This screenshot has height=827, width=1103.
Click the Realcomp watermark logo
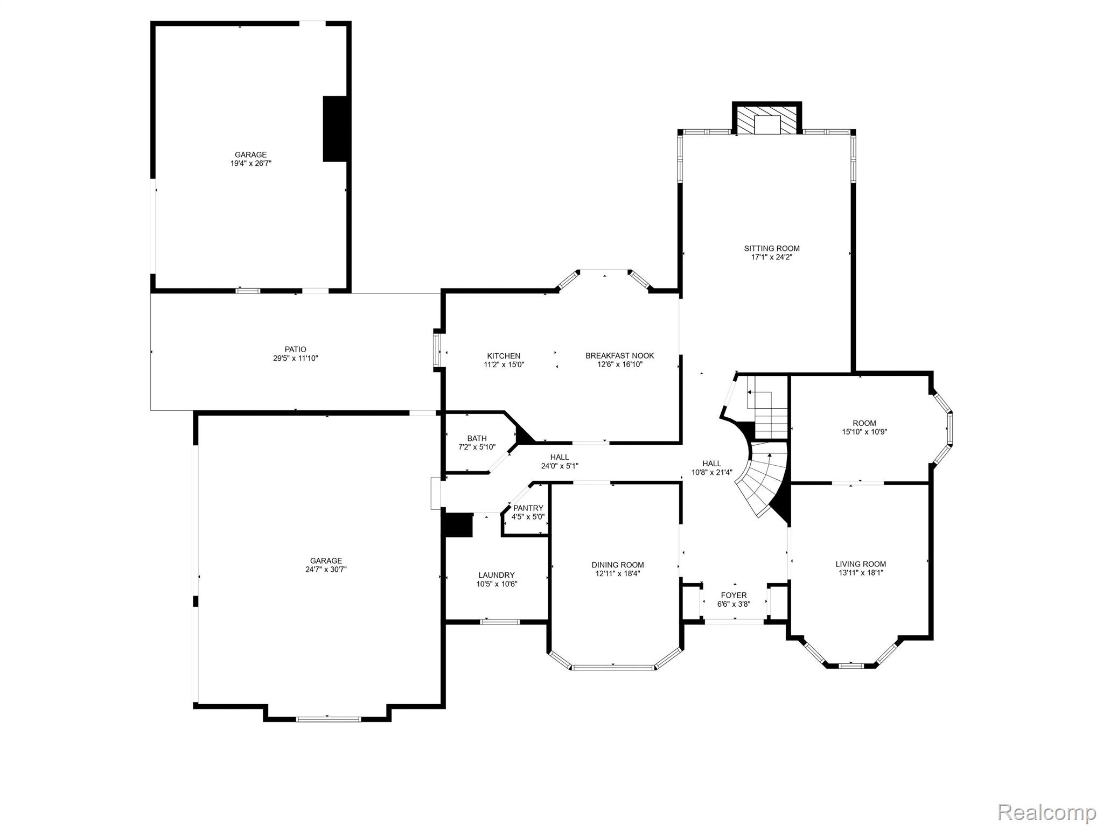tap(1047, 811)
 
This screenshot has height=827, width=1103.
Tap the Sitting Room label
tap(771, 248)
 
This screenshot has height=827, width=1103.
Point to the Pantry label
tap(528, 508)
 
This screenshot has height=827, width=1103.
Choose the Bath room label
tap(477, 438)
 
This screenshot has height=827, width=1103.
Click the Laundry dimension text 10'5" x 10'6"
tap(497, 584)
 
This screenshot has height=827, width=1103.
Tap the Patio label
tap(295, 349)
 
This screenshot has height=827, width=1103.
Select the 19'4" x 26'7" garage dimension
tap(250, 163)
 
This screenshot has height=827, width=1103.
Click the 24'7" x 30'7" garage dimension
tap(326, 569)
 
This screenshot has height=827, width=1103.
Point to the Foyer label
tap(734, 595)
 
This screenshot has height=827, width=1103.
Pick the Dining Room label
tap(617, 565)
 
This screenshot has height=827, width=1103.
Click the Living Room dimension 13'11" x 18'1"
tap(860, 573)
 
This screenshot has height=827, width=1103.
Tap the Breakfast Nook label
tap(619, 355)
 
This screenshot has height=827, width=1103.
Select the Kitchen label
tap(504, 356)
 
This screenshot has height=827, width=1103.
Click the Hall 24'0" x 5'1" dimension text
tap(560, 466)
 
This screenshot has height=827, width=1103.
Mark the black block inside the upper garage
tap(336, 129)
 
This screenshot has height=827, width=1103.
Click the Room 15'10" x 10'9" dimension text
tap(864, 432)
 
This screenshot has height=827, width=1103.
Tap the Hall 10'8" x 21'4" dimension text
tap(711, 473)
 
